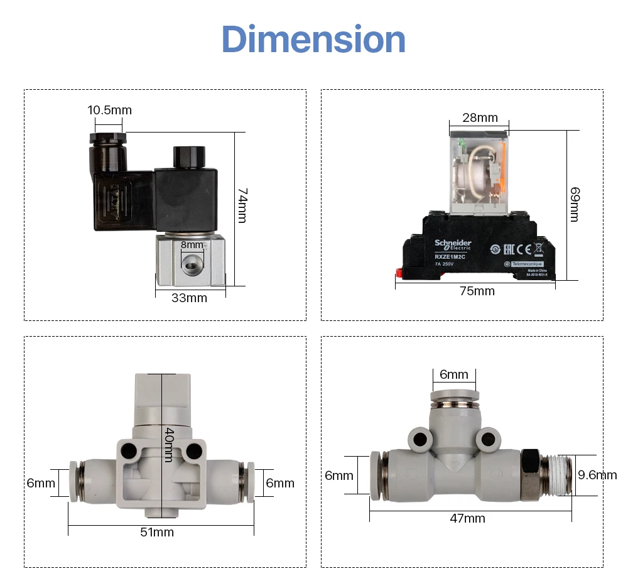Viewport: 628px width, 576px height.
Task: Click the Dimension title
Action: pos(313,39)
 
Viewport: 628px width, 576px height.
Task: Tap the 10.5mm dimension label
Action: pos(109,110)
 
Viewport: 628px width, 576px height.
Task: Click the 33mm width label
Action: pos(189,298)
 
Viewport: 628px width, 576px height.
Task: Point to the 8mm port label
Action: pos(192,245)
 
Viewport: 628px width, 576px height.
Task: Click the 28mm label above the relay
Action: pos(480,117)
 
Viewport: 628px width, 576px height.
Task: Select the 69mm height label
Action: pos(574,204)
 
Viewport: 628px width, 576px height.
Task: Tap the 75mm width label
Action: pos(477,291)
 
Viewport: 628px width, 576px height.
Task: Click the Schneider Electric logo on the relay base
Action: pos(453,244)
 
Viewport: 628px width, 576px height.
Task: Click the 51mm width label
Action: pos(158,533)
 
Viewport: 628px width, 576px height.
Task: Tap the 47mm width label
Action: pos(468,518)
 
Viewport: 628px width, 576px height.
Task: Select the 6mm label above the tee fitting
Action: pos(454,374)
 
